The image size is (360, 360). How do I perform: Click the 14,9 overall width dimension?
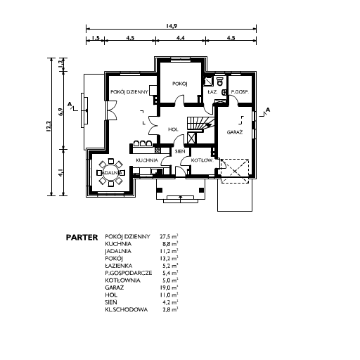172,25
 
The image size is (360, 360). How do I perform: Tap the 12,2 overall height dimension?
49,127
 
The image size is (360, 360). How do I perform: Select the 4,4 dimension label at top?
181,37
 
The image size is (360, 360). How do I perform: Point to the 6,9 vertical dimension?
61,112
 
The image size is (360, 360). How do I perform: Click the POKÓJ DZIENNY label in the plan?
129,92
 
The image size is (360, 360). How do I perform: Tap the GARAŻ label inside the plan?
235,132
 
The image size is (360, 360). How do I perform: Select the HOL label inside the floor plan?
173,129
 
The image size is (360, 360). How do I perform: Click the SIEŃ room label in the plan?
180,151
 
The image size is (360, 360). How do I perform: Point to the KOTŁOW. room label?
202,160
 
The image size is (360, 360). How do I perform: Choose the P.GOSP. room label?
240,92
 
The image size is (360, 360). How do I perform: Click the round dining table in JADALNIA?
111,173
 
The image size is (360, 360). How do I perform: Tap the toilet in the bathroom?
220,81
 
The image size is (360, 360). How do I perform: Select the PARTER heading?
82,238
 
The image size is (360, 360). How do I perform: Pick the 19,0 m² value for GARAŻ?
169,288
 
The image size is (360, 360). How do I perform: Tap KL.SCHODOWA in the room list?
127,309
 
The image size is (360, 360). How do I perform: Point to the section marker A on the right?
268,110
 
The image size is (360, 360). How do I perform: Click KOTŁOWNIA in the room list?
122,281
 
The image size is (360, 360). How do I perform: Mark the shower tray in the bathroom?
208,81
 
